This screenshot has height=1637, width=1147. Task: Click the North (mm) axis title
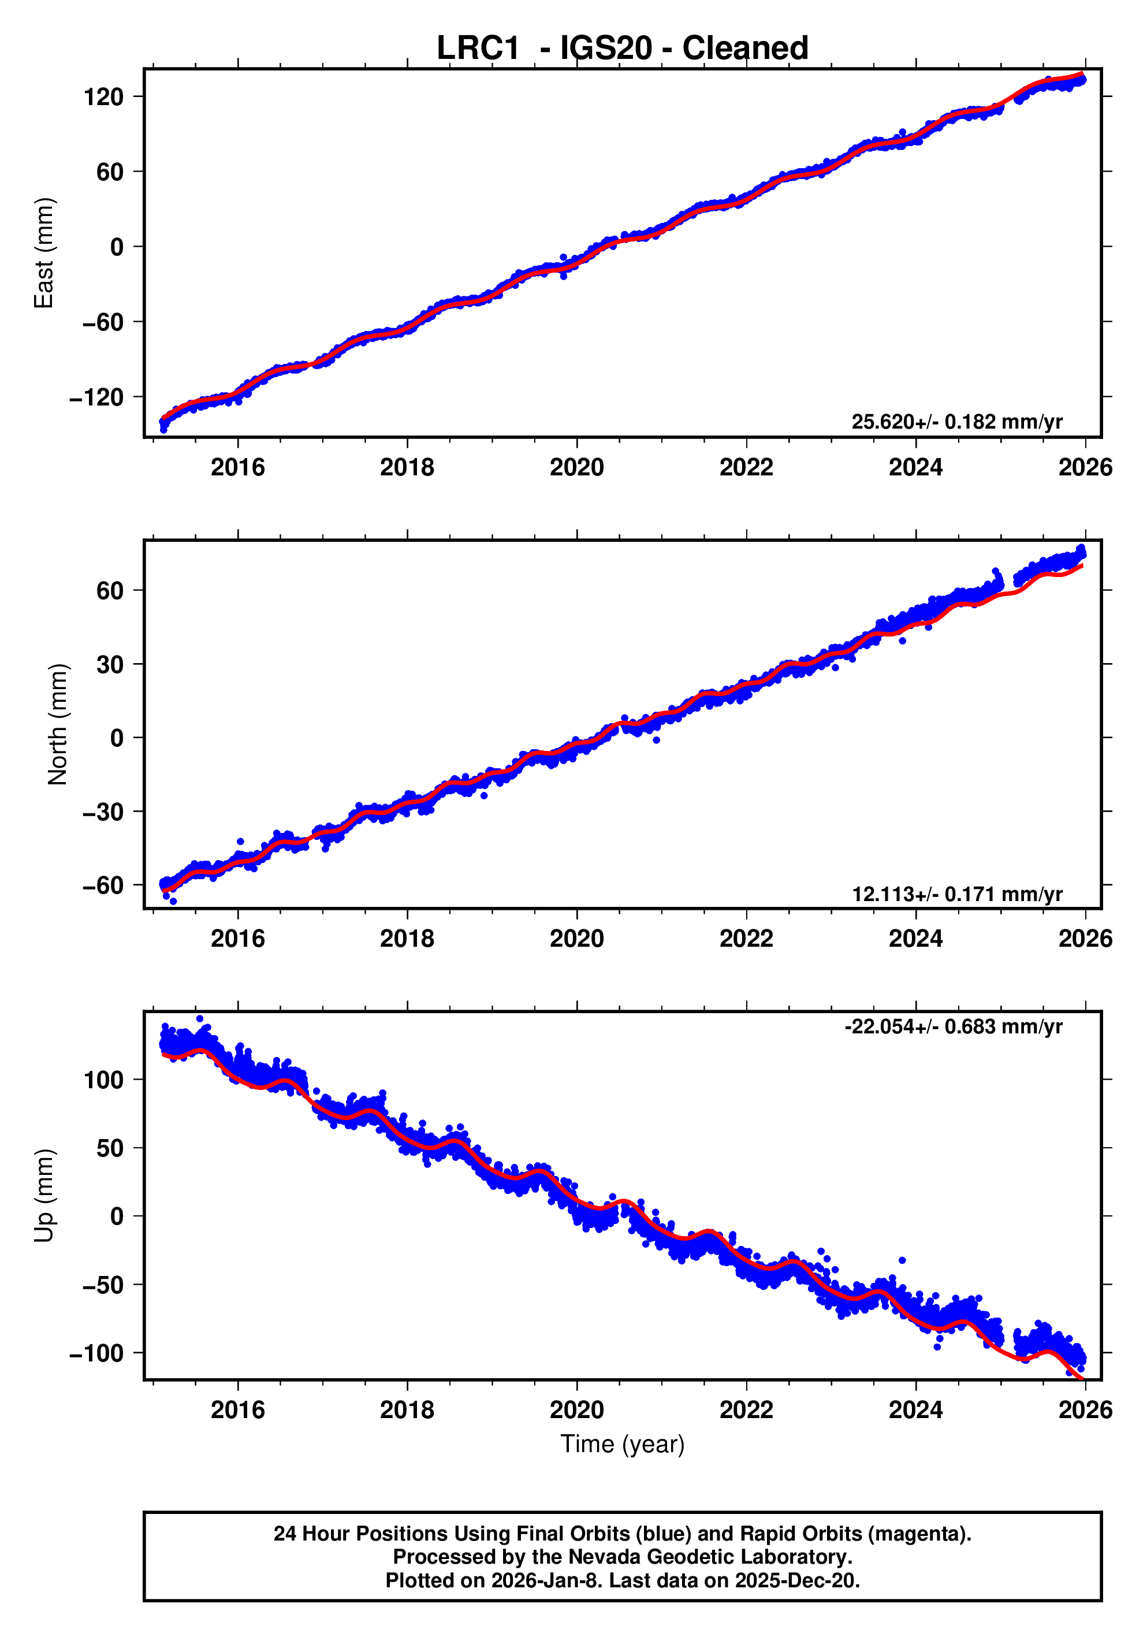point(58,724)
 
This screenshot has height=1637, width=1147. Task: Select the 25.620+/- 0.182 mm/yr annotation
point(956,422)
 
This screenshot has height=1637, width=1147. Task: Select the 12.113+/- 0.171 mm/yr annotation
point(956,894)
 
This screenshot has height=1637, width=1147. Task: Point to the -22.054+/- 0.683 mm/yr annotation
point(952,1026)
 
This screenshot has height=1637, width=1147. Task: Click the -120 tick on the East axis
point(96,397)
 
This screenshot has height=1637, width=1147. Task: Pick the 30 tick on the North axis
point(110,664)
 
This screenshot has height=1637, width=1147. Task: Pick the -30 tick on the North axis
point(103,812)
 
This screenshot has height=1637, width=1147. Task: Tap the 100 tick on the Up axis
point(103,1080)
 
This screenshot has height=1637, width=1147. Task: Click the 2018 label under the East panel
point(407,468)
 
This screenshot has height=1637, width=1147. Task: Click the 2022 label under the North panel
point(746,939)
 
